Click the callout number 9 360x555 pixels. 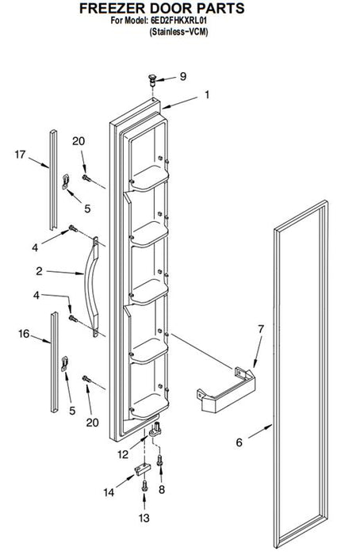(182, 76)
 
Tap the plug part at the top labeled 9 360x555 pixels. (152, 80)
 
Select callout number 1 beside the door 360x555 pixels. (207, 95)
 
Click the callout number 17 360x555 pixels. (20, 155)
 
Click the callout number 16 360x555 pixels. (24, 334)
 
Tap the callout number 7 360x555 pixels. (261, 329)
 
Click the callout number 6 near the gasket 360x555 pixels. (239, 442)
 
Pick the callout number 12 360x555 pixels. (123, 454)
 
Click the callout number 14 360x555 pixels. (109, 492)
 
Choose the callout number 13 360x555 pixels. (144, 518)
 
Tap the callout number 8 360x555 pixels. (162, 489)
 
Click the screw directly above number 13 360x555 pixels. (144, 485)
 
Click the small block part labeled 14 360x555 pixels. (141, 469)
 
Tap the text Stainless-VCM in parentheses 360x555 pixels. (178, 32)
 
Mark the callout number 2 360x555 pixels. (39, 271)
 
